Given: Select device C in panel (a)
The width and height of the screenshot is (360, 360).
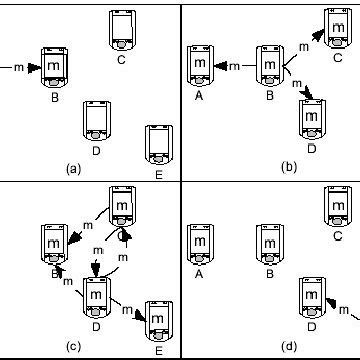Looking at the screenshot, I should (x=122, y=30).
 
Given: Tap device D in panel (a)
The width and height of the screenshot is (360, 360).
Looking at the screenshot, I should (x=95, y=119).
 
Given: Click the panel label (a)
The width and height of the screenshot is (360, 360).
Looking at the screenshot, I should (x=72, y=169).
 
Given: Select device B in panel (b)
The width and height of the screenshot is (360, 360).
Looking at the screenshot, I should (x=270, y=66).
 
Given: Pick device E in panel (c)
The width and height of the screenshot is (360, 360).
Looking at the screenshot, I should (x=157, y=321).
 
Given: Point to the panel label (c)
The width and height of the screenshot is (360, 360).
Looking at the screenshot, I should (x=72, y=347).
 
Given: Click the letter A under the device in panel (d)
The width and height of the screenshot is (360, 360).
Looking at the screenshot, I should (x=200, y=273).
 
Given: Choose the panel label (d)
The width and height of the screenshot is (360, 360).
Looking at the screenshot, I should (x=289, y=347).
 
